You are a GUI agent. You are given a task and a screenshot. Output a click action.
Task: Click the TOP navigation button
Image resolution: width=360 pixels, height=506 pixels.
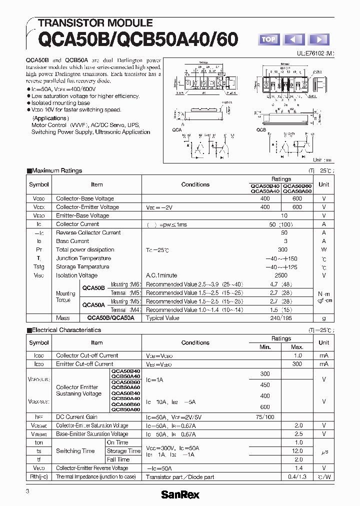click(x=268, y=39)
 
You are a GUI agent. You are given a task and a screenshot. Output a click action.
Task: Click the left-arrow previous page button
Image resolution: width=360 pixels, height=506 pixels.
click(x=294, y=39)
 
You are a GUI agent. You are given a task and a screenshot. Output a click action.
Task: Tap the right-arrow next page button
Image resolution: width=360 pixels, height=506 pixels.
click(x=318, y=39)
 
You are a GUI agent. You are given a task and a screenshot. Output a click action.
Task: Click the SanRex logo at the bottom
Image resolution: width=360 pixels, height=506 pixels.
click(x=179, y=494)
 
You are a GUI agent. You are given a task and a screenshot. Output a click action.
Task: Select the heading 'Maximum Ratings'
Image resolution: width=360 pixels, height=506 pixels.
click(x=56, y=170)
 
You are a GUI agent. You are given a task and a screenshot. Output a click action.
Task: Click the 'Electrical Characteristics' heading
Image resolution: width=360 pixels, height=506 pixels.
click(x=66, y=330)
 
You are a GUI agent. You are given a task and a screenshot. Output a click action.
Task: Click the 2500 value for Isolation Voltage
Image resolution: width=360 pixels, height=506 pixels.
click(x=281, y=275)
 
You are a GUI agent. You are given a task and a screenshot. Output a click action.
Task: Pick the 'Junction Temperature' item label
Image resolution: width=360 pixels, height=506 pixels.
click(x=83, y=258)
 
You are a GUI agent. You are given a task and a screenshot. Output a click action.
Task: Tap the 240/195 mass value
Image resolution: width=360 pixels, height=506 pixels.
click(x=281, y=318)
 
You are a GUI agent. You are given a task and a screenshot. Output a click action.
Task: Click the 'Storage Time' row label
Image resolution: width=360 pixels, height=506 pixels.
click(x=123, y=451)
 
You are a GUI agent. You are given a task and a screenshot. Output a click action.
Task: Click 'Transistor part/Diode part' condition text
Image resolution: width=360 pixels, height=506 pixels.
click(x=180, y=477)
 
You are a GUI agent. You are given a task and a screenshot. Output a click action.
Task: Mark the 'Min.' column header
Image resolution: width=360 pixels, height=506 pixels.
click(x=265, y=347)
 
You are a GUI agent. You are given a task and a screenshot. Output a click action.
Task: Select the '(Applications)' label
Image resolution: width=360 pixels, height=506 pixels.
click(x=49, y=118)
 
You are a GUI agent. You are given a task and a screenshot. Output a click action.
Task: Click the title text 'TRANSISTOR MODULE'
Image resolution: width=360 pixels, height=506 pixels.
click(x=95, y=23)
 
